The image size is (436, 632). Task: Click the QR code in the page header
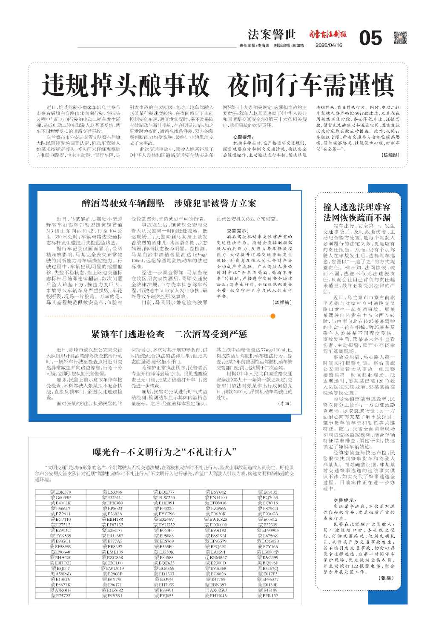[400, 37]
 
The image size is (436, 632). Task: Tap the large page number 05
[370, 38]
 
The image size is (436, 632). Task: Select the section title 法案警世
[272, 34]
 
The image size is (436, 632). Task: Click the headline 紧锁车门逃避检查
[127, 334]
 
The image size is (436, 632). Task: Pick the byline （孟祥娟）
[282, 302]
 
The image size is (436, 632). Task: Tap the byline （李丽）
[285, 403]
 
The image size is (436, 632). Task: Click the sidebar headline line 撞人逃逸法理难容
[357, 207]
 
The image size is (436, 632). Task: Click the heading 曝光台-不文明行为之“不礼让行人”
[165, 452]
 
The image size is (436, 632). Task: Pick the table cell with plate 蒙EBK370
[60, 492]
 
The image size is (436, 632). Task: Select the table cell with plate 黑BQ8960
[268, 563]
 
